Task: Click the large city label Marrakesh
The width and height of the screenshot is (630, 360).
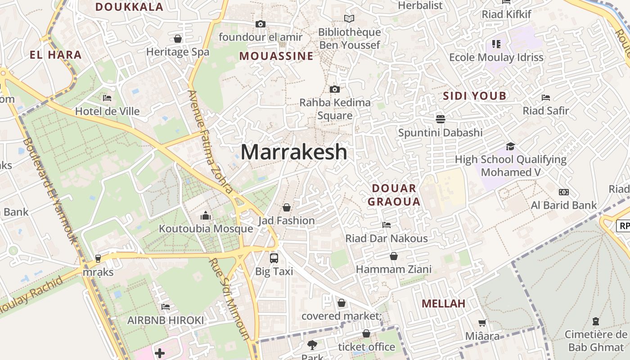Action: tap(294, 152)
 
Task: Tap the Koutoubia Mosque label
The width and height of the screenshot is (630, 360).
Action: tap(206, 229)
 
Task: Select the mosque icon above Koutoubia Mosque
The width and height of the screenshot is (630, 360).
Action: tap(206, 216)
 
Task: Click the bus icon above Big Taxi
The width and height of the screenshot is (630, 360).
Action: tap(274, 258)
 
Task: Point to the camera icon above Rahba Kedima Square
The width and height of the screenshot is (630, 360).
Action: tap(334, 90)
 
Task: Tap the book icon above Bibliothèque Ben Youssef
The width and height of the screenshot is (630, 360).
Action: tap(349, 19)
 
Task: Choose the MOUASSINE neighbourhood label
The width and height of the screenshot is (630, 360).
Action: tap(276, 56)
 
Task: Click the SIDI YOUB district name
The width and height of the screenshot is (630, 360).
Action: tap(475, 96)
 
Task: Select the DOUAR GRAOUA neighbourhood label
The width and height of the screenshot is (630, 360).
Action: tap(394, 195)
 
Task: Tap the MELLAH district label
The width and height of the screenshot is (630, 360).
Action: tap(443, 304)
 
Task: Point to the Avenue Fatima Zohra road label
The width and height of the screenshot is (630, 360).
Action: tap(211, 142)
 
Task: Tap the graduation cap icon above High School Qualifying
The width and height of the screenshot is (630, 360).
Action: tap(510, 147)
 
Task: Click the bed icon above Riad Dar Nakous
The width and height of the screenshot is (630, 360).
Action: tap(386, 225)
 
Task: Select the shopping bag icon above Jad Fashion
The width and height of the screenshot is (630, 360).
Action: tap(286, 207)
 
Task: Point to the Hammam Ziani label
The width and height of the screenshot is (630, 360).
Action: tap(394, 269)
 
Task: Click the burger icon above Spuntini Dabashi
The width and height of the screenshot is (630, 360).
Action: tap(440, 119)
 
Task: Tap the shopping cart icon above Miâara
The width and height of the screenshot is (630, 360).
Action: tap(482, 323)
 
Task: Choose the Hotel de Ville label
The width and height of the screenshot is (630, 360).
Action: tap(107, 111)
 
